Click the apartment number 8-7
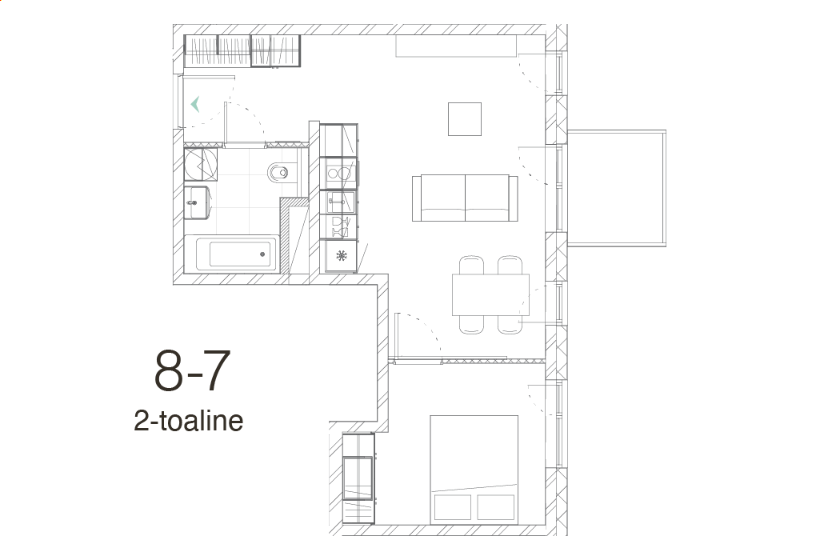point(192,370)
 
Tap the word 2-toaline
point(189,422)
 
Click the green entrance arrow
point(195,104)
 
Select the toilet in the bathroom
point(278,172)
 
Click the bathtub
point(236,254)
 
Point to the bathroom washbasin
point(197,202)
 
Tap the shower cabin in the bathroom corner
point(200,165)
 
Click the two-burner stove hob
point(338,173)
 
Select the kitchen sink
point(339,202)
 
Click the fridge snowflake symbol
point(341,256)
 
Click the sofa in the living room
point(465,198)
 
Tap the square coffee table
point(465,119)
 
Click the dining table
point(490,294)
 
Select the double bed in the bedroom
point(474,470)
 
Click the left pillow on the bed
point(453,507)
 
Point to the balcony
point(616,188)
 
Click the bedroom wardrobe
point(358,478)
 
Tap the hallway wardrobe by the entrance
point(242,51)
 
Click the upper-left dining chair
point(471,266)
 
